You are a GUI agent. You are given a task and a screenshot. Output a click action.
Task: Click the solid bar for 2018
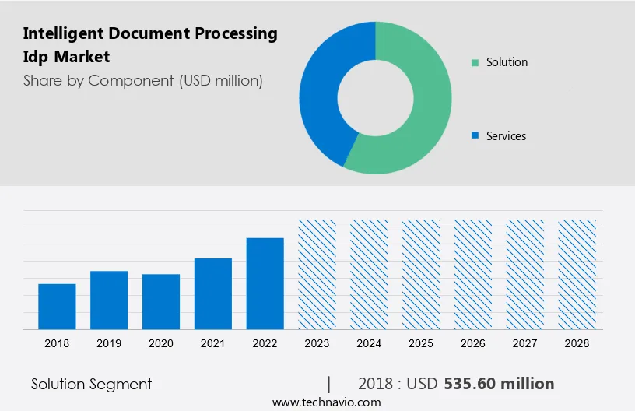coord(57,307)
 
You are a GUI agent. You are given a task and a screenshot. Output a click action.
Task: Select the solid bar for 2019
coord(109,300)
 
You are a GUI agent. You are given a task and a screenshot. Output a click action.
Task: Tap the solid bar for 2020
coord(161,302)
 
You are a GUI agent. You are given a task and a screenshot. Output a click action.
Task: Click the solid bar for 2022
coord(265,283)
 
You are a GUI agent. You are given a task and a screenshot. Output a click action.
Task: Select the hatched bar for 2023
coord(317,274)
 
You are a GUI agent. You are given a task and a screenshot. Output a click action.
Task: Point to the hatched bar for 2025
coord(421,274)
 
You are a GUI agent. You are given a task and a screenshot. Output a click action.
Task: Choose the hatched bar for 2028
coord(577,274)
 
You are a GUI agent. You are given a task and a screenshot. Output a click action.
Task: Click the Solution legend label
coord(507,62)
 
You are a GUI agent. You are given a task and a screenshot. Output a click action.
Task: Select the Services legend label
coord(506,136)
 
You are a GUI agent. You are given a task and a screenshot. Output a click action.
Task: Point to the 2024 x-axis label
coord(369,343)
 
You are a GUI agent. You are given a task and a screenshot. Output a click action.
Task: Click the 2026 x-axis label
coord(473,343)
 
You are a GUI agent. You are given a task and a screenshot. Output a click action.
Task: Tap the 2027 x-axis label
coord(525,343)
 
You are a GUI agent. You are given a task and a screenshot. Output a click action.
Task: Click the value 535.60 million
coord(499,384)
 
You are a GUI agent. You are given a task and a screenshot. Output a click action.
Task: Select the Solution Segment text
coord(91,384)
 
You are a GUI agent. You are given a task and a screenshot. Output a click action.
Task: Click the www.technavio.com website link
coord(327,402)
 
